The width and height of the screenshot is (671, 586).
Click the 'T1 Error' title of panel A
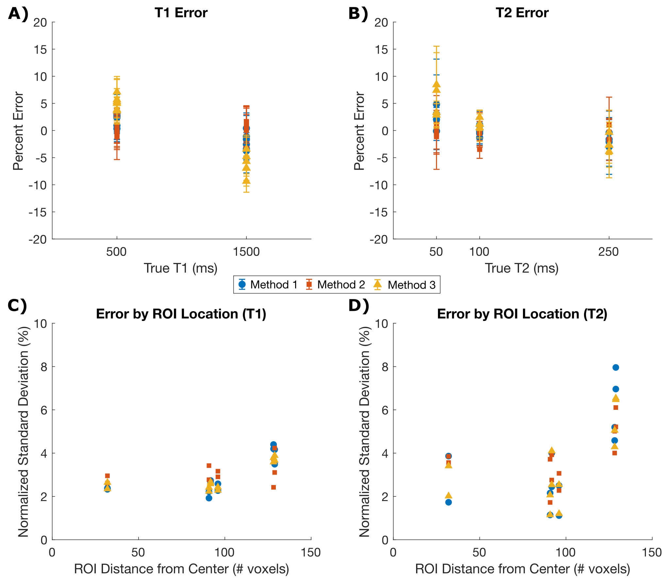click(181, 13)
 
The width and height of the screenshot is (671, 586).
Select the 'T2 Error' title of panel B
click(522, 13)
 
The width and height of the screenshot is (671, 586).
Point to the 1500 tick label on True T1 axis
click(246, 252)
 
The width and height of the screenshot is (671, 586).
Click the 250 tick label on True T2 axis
click(608, 252)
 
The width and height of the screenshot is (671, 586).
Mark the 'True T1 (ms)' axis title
click(180, 268)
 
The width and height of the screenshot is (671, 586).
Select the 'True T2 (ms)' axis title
click(522, 268)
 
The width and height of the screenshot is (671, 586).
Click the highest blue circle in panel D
click(616, 368)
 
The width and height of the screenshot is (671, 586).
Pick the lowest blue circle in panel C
click(209, 498)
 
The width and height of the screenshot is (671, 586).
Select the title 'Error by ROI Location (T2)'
click(522, 314)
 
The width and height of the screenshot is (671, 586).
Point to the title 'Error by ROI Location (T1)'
click(181, 314)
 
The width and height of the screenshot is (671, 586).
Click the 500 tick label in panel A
click(116, 252)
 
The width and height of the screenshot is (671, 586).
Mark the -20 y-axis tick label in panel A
click(38, 239)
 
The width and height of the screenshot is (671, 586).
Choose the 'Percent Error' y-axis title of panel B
click(359, 131)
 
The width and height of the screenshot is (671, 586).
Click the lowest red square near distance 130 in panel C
click(274, 487)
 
